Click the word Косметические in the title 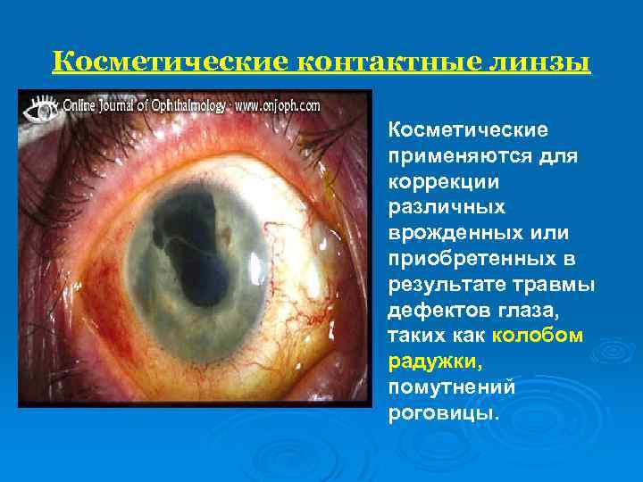[x=168, y=63]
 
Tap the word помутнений [x=452, y=388]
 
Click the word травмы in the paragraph [x=564, y=285]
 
